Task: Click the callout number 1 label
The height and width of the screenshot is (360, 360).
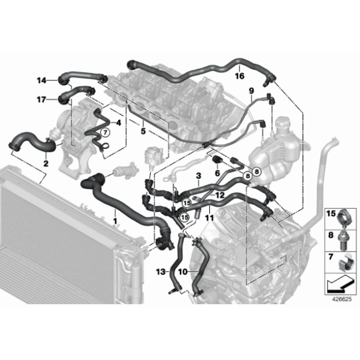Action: tap(115, 220)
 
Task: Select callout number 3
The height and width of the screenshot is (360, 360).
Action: tap(197, 176)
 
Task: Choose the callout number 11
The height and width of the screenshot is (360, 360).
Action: tap(209, 219)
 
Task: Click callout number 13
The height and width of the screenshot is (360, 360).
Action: tap(161, 272)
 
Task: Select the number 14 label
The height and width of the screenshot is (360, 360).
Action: tap(42, 79)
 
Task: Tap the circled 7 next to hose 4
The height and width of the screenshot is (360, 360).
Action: tap(105, 132)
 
